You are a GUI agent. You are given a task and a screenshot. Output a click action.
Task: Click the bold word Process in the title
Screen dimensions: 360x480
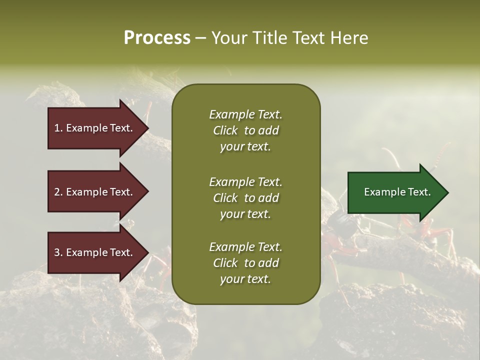click(157, 37)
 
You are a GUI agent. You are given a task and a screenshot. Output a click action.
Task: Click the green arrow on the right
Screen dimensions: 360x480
click(395, 192)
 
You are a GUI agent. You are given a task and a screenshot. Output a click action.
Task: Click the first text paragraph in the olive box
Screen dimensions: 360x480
click(245, 130)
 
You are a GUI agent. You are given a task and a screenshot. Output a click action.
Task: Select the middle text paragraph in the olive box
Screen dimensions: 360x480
click(245, 197)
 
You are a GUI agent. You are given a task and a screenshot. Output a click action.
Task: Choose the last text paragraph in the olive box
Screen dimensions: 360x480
click(245, 263)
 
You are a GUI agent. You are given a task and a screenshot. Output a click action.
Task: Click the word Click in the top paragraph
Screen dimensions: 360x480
click(225, 130)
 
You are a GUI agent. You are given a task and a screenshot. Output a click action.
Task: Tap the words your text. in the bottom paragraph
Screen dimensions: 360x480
click(245, 279)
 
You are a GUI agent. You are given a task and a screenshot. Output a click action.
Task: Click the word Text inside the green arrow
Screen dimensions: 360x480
click(419, 192)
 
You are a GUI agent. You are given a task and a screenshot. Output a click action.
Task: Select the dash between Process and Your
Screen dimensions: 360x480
click(200, 38)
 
